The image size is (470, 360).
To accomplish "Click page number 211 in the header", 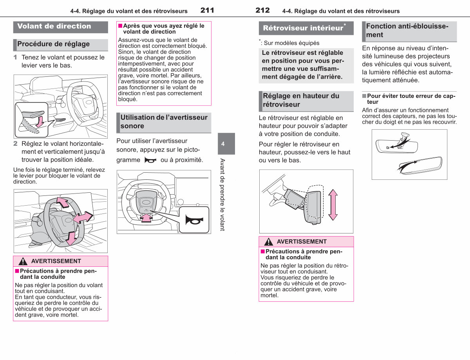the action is (207, 10).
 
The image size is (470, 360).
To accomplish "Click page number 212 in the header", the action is (262, 10).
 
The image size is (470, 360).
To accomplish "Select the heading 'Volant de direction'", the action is (54, 26).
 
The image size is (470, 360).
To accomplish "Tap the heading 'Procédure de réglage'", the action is (53, 44).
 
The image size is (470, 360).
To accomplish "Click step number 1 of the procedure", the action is (15, 57).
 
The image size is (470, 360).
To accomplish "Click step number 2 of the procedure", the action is (15, 143).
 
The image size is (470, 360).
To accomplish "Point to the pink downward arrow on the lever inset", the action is (40, 121).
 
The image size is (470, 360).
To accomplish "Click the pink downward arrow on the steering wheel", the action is (71, 238).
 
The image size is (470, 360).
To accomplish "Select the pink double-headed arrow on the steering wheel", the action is (83, 217).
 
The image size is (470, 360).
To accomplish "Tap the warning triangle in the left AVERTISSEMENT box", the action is (23, 261).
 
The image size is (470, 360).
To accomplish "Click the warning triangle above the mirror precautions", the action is (268, 242).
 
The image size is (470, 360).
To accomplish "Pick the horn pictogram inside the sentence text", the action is (150, 160).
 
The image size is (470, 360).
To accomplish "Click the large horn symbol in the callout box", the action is (194, 220).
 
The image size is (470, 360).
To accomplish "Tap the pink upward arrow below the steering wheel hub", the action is (146, 218).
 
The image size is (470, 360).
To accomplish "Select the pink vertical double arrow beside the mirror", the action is (333, 205).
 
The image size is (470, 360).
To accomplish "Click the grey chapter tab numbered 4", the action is (226, 143).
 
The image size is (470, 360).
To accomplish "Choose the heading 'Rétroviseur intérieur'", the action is (303, 28).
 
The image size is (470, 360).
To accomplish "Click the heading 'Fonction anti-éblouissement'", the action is (407, 30).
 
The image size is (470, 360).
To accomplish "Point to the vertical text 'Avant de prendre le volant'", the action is (222, 195).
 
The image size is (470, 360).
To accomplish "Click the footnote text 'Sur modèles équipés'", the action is (291, 43).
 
